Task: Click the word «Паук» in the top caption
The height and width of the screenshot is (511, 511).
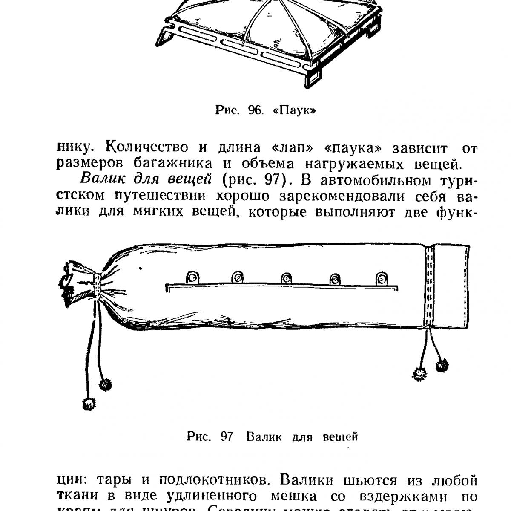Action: point(295,111)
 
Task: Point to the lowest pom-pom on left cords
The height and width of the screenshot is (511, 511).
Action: point(89,403)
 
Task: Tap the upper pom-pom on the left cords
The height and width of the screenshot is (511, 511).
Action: point(105,384)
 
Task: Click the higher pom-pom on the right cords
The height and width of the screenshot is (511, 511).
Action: point(442,366)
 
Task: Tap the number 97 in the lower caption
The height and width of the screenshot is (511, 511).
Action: point(227,436)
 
